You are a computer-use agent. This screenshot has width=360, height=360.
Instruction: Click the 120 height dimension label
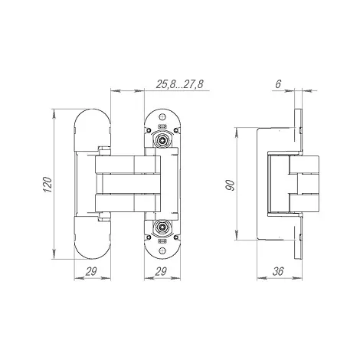tap(47, 185)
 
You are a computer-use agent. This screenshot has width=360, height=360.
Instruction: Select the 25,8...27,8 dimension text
tap(180, 84)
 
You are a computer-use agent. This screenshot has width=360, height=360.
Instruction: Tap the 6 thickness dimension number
tap(278, 84)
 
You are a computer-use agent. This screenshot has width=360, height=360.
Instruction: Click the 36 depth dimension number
tap(278, 271)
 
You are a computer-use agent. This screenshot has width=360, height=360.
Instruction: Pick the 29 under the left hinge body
tap(91, 271)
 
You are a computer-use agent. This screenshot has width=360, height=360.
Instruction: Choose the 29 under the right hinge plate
tap(161, 271)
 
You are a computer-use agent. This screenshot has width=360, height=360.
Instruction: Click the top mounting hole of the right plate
tap(162, 117)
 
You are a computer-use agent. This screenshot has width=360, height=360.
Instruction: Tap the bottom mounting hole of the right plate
tap(162, 251)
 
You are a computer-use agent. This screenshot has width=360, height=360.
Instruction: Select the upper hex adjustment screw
tap(162, 139)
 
